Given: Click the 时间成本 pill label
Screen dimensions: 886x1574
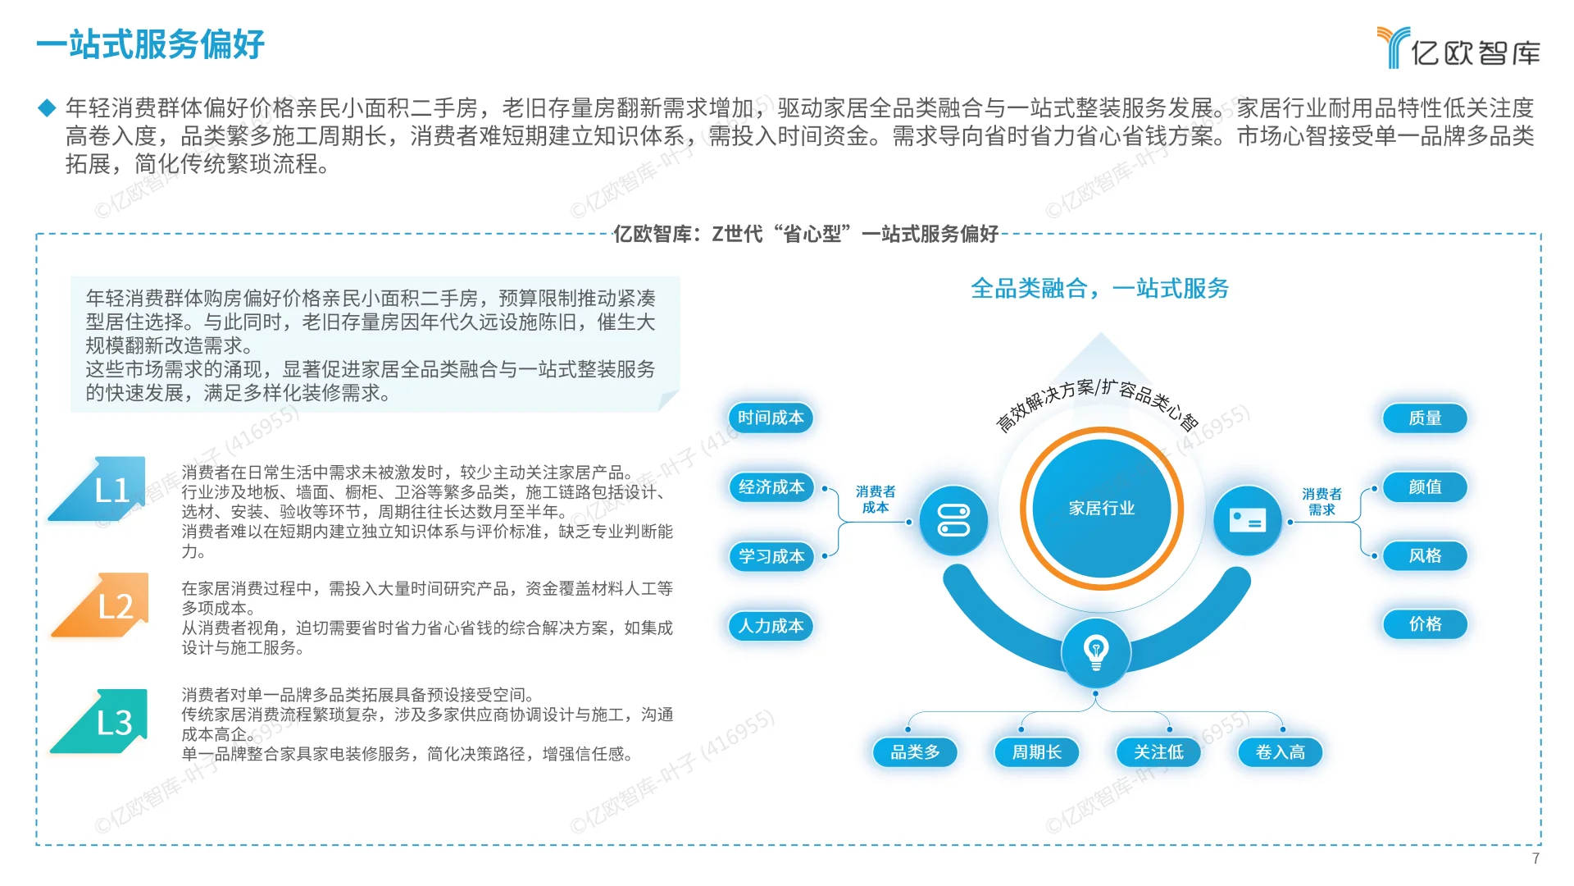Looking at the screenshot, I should click(x=771, y=418).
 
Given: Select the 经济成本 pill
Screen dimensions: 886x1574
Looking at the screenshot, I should click(x=771, y=487).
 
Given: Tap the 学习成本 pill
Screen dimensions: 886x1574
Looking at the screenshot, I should click(x=771, y=556).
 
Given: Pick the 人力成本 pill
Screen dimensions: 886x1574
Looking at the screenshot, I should click(x=771, y=626).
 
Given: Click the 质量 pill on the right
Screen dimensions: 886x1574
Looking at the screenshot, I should click(x=1425, y=418).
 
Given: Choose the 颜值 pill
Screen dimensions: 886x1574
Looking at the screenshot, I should click(x=1425, y=486).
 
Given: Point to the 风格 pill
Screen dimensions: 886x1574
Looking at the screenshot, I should click(x=1425, y=555).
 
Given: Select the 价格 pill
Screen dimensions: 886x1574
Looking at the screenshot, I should click(x=1425, y=624).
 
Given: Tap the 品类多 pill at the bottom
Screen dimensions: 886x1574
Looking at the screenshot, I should click(x=915, y=752).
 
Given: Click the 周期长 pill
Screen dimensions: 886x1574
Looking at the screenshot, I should click(x=1036, y=752).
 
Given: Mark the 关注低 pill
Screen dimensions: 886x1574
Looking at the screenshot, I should click(x=1158, y=752).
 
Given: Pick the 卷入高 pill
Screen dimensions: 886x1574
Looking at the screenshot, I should click(x=1280, y=752).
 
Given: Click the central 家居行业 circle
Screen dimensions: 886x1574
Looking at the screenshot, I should click(x=1101, y=509).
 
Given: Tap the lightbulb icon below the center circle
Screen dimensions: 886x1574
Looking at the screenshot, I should click(x=1096, y=653).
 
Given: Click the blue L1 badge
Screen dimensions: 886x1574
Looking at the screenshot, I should click(x=105, y=490).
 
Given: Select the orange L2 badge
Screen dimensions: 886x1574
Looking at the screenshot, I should click(x=108, y=606).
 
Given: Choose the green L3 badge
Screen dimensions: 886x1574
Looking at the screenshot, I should click(x=107, y=722).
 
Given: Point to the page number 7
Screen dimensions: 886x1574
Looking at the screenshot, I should click(x=1535, y=858).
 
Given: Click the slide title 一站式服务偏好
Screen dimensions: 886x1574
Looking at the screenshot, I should click(x=151, y=44).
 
